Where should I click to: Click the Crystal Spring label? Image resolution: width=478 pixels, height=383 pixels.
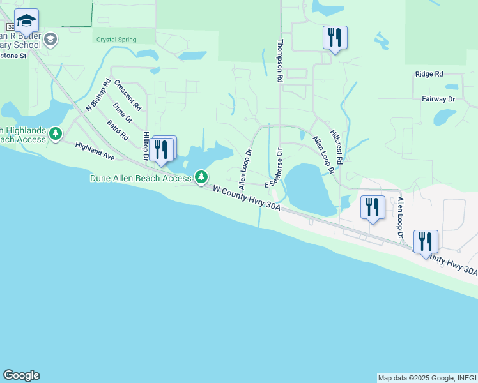click(116, 40)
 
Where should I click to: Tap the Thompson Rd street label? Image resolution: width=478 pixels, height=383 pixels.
click(279, 61)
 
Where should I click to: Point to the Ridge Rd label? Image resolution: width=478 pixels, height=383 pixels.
click(429, 74)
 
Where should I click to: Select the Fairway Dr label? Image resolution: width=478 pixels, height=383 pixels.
click(438, 99)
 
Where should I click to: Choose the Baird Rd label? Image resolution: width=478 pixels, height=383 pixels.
click(118, 130)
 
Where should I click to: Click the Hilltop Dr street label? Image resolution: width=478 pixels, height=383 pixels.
click(146, 146)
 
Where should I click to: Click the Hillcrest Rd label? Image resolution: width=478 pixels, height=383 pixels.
click(336, 148)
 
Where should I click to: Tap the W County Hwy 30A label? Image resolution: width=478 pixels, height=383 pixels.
click(246, 199)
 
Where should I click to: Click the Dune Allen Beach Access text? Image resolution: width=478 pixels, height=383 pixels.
click(140, 179)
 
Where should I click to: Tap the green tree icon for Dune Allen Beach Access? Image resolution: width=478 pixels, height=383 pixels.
click(202, 176)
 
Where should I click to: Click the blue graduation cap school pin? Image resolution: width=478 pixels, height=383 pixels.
click(26, 22)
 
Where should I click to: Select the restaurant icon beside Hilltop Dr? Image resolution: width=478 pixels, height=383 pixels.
click(164, 149)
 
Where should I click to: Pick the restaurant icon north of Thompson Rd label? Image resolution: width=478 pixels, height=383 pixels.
click(334, 38)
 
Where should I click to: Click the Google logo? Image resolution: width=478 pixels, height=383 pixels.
click(21, 375)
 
